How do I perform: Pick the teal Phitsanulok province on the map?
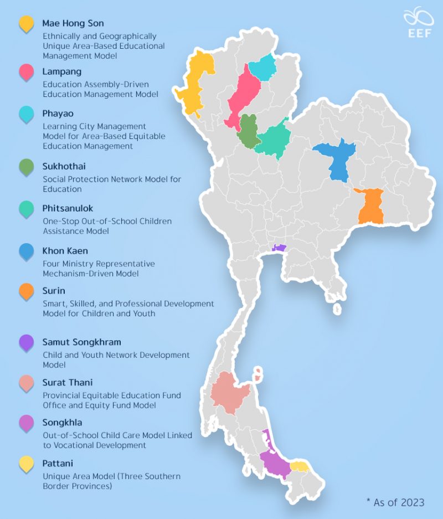274,140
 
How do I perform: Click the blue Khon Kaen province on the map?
336,158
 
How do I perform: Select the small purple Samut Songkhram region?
279,248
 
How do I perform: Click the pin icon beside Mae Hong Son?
26,25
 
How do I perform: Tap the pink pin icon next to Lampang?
26,73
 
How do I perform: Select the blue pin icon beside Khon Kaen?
26,252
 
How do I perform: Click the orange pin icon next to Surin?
26,292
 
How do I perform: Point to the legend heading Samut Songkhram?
81,342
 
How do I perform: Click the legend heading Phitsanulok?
68,209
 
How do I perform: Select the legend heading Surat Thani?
68,383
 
